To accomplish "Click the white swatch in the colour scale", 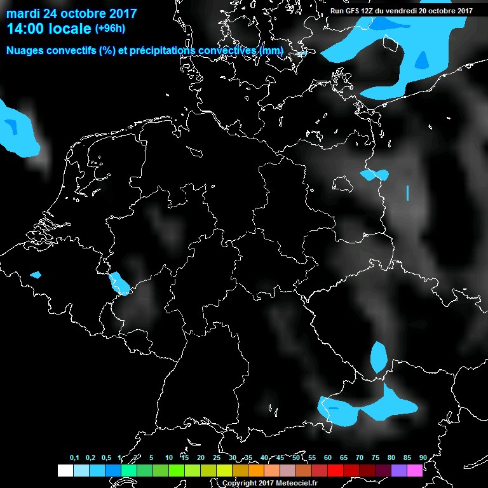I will (65, 470).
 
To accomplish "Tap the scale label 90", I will (423, 457).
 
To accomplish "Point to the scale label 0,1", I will (74, 457).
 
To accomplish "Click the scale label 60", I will (327, 457).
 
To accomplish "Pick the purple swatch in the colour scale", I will (399, 470).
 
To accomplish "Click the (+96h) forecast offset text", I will (110, 29).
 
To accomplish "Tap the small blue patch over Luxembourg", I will (119, 283).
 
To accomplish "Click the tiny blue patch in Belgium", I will (36, 274).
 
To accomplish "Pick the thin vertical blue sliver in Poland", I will (407, 192).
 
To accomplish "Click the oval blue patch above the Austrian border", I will (379, 357).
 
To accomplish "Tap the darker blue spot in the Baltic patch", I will (422, 58).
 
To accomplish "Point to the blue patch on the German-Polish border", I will (374, 175).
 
